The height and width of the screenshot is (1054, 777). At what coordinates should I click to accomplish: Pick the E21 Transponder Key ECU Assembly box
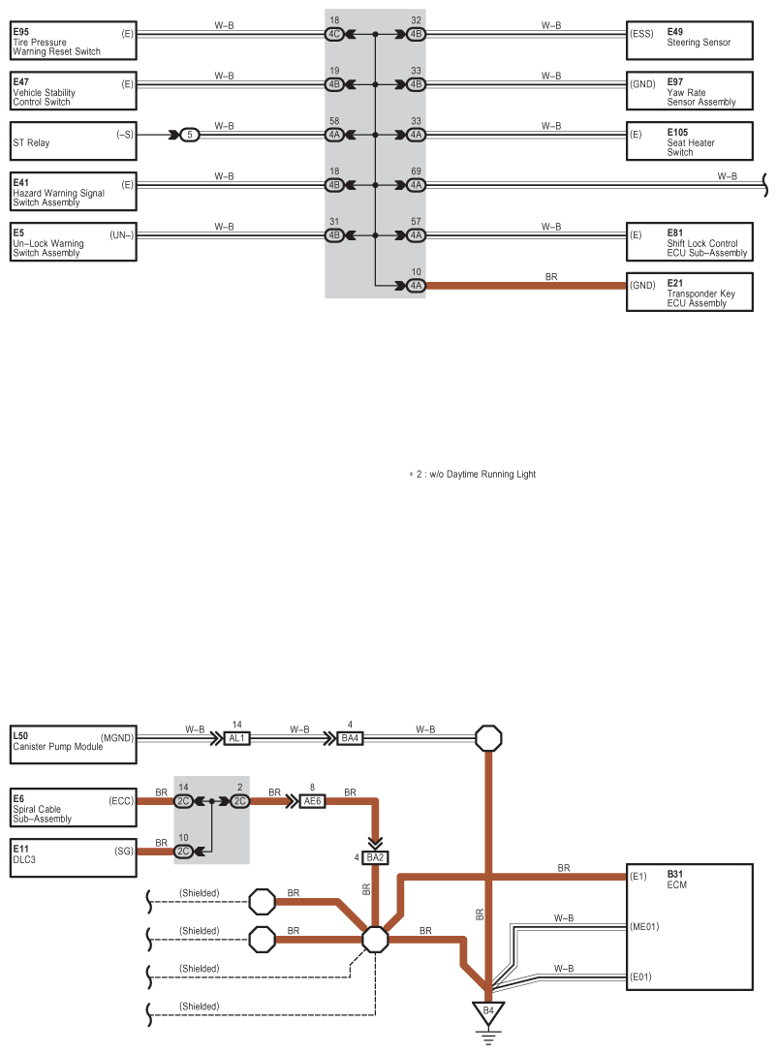click(x=689, y=293)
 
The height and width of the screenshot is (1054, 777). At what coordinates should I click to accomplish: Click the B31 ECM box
click(x=689, y=931)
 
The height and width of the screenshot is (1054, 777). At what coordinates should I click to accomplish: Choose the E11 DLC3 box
click(x=74, y=852)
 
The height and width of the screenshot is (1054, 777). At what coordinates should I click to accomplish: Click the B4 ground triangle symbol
click(x=488, y=1013)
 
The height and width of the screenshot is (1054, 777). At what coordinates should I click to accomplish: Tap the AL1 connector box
click(x=238, y=738)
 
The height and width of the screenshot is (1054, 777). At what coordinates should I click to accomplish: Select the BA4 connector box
click(x=351, y=738)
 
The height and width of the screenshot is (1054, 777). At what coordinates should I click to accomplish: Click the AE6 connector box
click(x=312, y=801)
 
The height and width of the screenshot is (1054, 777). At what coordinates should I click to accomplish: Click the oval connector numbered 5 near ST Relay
click(x=190, y=135)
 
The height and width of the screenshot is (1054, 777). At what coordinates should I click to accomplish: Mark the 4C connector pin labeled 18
click(x=335, y=34)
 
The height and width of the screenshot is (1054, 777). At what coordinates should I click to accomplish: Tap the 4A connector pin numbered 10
click(x=415, y=286)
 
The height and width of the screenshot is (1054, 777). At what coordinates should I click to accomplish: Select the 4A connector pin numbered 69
click(x=415, y=185)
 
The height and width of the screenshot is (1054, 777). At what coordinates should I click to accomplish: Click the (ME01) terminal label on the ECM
click(x=643, y=927)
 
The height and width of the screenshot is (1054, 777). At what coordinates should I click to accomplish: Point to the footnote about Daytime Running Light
click(x=473, y=475)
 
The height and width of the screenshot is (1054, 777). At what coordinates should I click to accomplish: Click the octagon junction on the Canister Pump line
click(x=488, y=738)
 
